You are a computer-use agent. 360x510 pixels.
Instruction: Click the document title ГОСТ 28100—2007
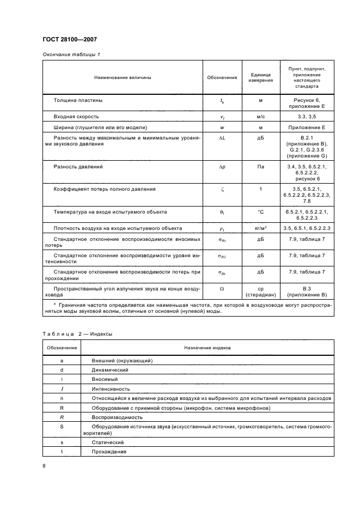[69, 40]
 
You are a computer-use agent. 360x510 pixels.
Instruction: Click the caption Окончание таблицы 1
[71, 54]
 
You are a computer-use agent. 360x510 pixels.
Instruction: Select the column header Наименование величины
[123, 77]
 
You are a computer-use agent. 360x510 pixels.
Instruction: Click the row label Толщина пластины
[77, 100]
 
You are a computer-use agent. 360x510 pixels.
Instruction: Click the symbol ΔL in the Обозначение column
[222, 138]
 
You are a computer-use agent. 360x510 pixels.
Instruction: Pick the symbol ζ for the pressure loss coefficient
[222, 189]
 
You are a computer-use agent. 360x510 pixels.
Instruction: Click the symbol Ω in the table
[222, 288]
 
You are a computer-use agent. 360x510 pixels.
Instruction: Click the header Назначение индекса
[207, 347]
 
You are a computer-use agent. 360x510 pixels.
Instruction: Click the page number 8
[44, 465]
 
